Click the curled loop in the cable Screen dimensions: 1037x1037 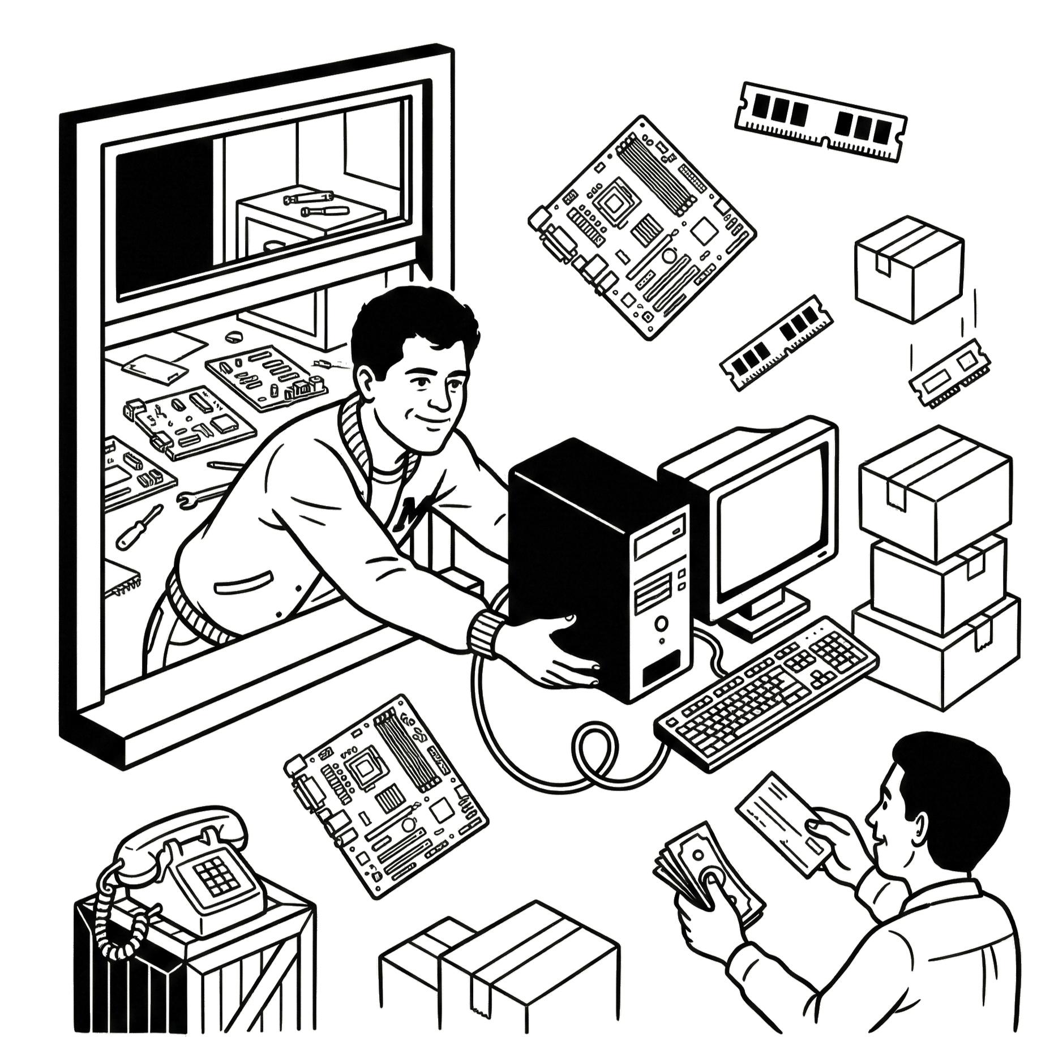(x=592, y=753)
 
